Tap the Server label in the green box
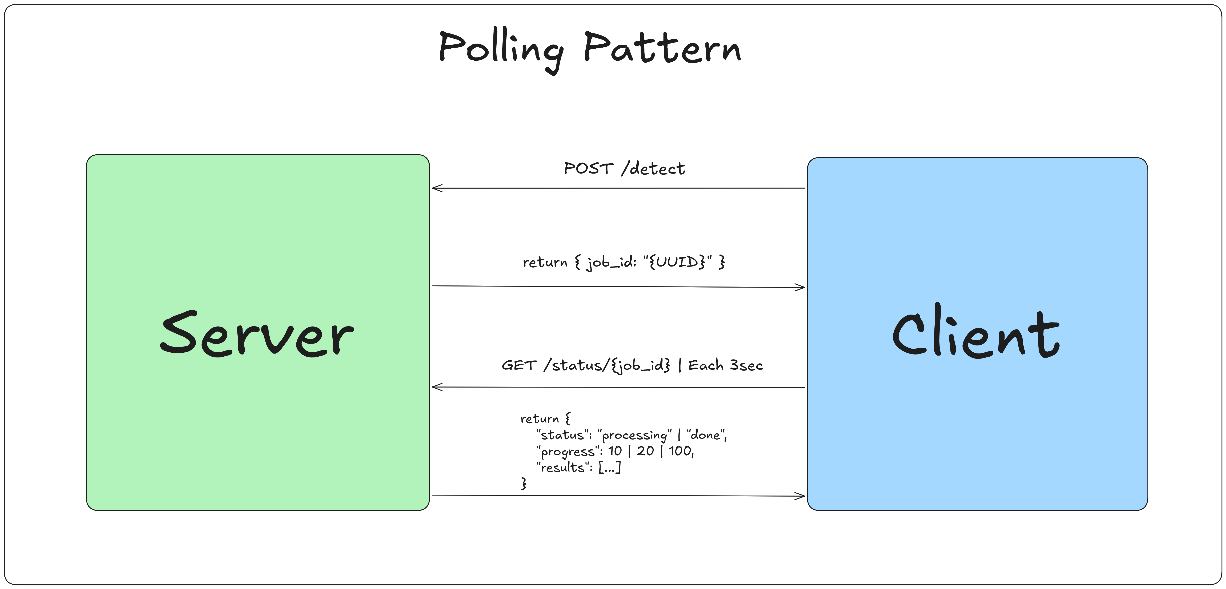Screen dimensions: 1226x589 (x=257, y=333)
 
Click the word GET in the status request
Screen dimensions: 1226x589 (x=519, y=365)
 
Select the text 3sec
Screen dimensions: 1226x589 (x=746, y=365)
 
